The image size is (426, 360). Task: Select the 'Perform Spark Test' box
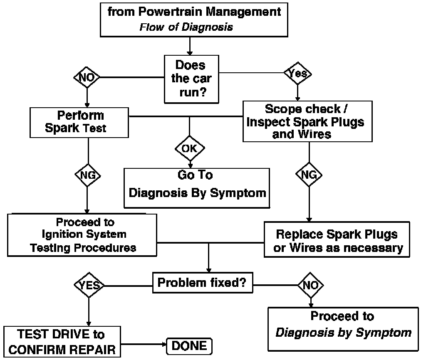coord(79,122)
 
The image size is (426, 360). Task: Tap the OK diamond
coord(189,148)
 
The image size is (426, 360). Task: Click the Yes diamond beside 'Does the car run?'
coord(297,73)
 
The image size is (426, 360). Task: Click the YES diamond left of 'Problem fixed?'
coord(89,285)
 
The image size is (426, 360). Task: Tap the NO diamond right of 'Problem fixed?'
coord(310,285)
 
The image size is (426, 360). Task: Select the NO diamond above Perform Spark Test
coord(87,77)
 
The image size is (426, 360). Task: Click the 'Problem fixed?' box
coord(202,284)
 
